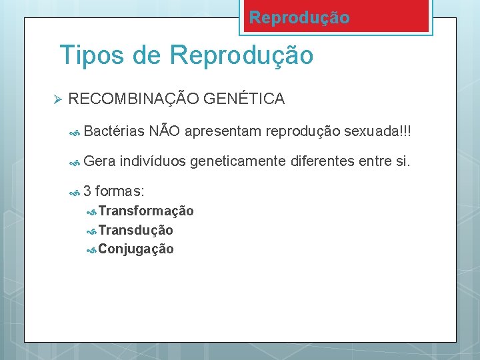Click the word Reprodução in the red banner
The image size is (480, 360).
(x=299, y=18)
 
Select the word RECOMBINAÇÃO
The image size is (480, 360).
(x=133, y=99)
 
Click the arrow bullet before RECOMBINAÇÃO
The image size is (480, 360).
(x=57, y=99)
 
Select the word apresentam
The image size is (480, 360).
(x=223, y=132)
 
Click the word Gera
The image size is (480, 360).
(x=100, y=160)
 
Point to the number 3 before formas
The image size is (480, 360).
(x=89, y=191)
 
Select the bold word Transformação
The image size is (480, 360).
(x=146, y=211)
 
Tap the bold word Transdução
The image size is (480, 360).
(x=135, y=230)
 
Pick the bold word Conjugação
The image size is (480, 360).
(x=136, y=249)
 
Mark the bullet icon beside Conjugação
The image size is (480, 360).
(x=93, y=249)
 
